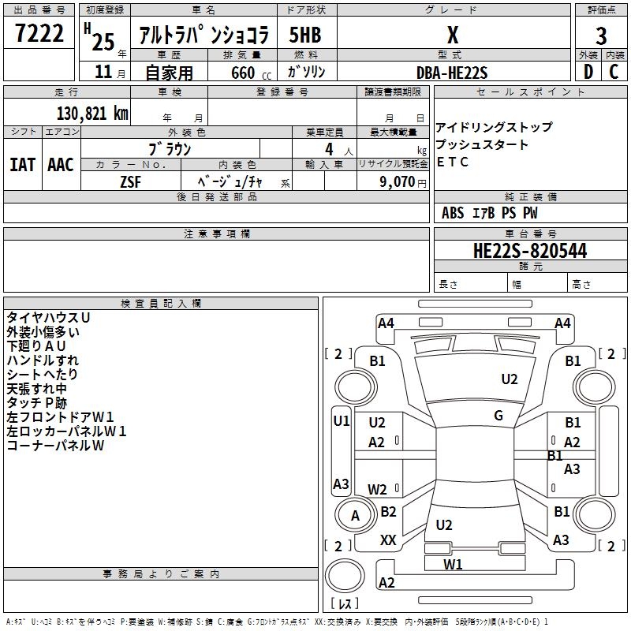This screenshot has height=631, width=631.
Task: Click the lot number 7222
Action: click(39, 33)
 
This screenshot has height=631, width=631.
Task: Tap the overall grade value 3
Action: click(601, 35)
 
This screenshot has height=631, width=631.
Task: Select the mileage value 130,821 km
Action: click(92, 114)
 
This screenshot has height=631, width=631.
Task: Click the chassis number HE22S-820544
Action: click(530, 251)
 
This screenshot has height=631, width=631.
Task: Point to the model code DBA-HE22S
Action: click(452, 73)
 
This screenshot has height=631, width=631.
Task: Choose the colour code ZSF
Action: click(130, 182)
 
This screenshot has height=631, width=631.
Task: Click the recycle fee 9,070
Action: click(398, 181)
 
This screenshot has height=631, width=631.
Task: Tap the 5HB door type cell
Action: click(305, 35)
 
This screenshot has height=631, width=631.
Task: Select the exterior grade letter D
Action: click(588, 72)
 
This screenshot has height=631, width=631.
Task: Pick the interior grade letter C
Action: click(614, 72)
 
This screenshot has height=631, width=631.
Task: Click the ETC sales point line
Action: click(452, 162)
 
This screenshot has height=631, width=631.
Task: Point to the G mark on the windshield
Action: click(498, 415)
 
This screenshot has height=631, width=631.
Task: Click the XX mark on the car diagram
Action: click(388, 540)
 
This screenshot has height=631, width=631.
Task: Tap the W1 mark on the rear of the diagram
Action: click(453, 564)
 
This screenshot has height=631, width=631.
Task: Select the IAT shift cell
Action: click(23, 165)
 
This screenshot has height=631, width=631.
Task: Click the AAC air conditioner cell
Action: click(61, 165)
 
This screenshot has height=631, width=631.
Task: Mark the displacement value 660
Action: click(243, 73)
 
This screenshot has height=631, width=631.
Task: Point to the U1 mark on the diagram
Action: click(342, 421)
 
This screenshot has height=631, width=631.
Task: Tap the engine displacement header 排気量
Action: click(242, 55)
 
